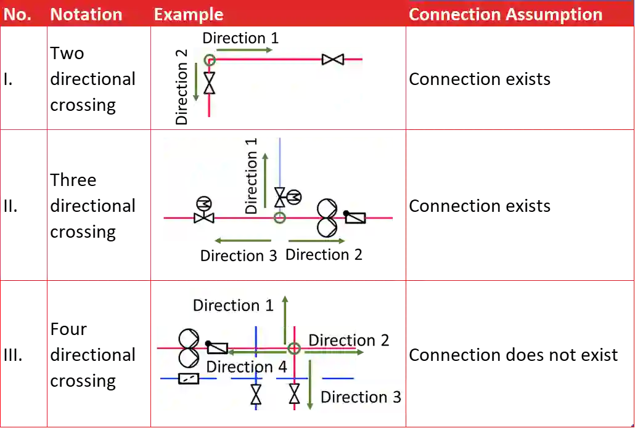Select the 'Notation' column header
86,15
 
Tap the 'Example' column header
188,15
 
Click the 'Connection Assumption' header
506,15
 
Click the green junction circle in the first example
210,60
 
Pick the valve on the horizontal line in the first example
333,60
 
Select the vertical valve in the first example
210,83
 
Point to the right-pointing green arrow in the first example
244,49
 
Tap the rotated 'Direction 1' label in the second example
251,176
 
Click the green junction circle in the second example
280,217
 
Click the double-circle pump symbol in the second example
327,218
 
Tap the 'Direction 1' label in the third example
233,305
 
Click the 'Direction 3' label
361,397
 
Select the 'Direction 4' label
247,367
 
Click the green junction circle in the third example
294,349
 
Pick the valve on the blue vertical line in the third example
256,394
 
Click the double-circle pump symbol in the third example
189,348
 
